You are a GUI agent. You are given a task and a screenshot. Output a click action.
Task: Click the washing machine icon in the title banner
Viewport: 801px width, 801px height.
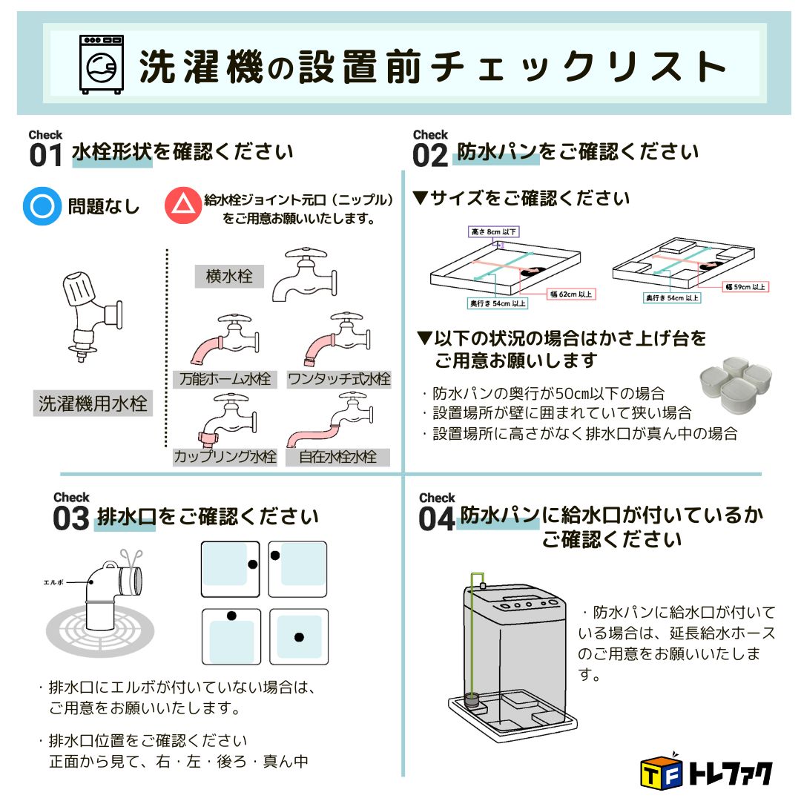click(101, 65)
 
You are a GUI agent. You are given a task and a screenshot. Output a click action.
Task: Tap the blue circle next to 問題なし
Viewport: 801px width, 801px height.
click(42, 205)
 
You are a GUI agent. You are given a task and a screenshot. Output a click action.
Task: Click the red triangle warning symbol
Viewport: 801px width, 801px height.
click(182, 205)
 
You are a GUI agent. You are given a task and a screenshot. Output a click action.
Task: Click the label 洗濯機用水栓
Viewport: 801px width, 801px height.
click(93, 404)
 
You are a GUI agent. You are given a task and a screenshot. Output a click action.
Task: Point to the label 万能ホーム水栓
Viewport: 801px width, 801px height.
click(222, 379)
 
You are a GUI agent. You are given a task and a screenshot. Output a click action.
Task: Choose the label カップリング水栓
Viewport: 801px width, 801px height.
click(224, 457)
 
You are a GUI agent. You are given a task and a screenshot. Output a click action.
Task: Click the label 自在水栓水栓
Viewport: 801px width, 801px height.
click(337, 457)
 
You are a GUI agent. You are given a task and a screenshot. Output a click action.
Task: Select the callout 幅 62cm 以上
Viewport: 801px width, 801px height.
click(571, 294)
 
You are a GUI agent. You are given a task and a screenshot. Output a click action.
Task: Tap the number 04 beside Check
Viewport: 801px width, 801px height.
click(436, 519)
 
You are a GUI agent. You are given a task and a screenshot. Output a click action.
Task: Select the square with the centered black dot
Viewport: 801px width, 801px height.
click(298, 636)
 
